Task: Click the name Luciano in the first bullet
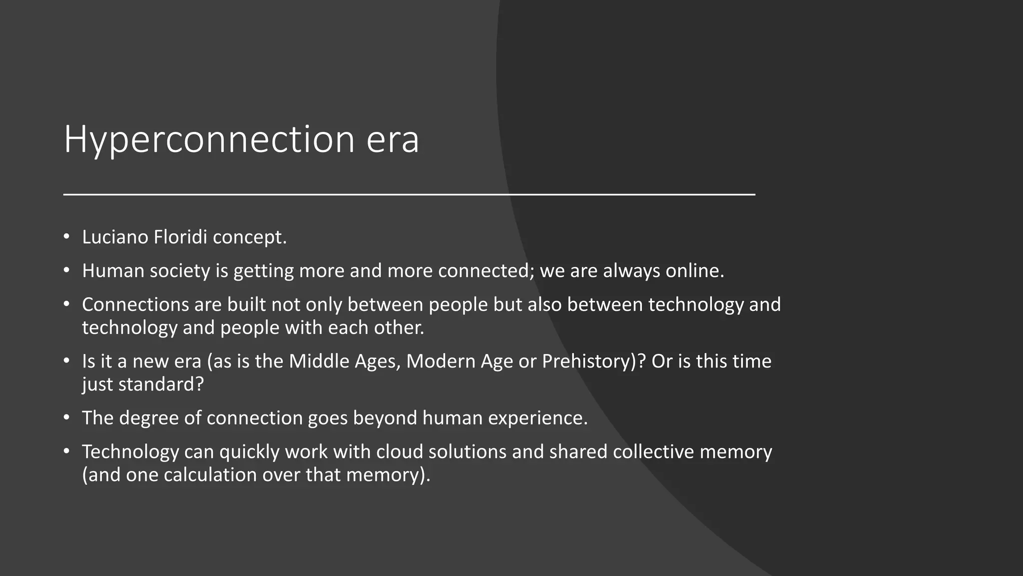coord(115,237)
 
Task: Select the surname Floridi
coord(180,237)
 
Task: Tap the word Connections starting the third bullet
coord(136,304)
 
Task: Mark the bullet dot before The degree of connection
coord(66,417)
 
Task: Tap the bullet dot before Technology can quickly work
coord(66,451)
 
